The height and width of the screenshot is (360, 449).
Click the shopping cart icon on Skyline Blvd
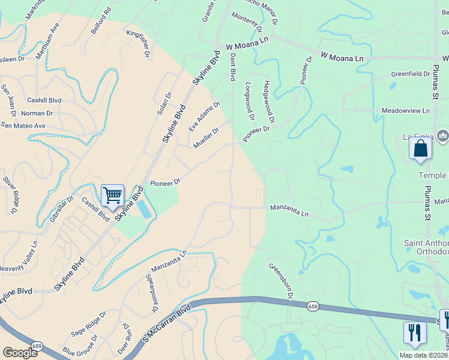coord(112,195)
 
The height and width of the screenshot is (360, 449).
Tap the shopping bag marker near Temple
coord(420,148)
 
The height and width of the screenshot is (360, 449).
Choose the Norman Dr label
coord(37,113)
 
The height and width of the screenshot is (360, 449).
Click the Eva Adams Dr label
coord(205,116)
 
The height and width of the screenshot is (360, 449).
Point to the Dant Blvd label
coord(232,67)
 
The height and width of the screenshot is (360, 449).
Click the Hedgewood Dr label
coord(268,102)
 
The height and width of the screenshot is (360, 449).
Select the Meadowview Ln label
coord(406,111)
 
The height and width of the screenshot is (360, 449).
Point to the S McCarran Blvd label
coord(166,325)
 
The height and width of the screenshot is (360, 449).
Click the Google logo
coord(20,353)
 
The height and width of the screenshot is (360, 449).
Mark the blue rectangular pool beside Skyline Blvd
coord(144,209)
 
